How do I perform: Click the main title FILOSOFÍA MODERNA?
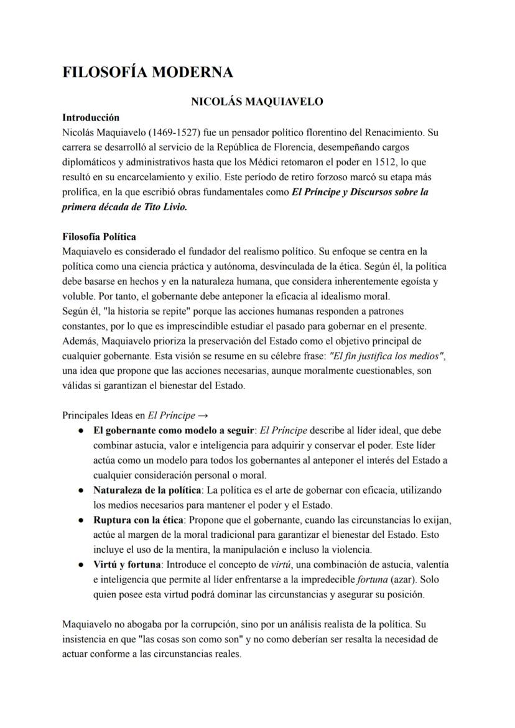(147, 73)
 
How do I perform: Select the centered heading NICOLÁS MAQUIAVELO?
(257, 102)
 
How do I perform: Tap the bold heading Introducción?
(91, 117)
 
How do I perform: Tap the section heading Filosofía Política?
(99, 237)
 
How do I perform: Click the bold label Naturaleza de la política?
(147, 490)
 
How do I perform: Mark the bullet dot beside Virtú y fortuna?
(81, 564)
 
